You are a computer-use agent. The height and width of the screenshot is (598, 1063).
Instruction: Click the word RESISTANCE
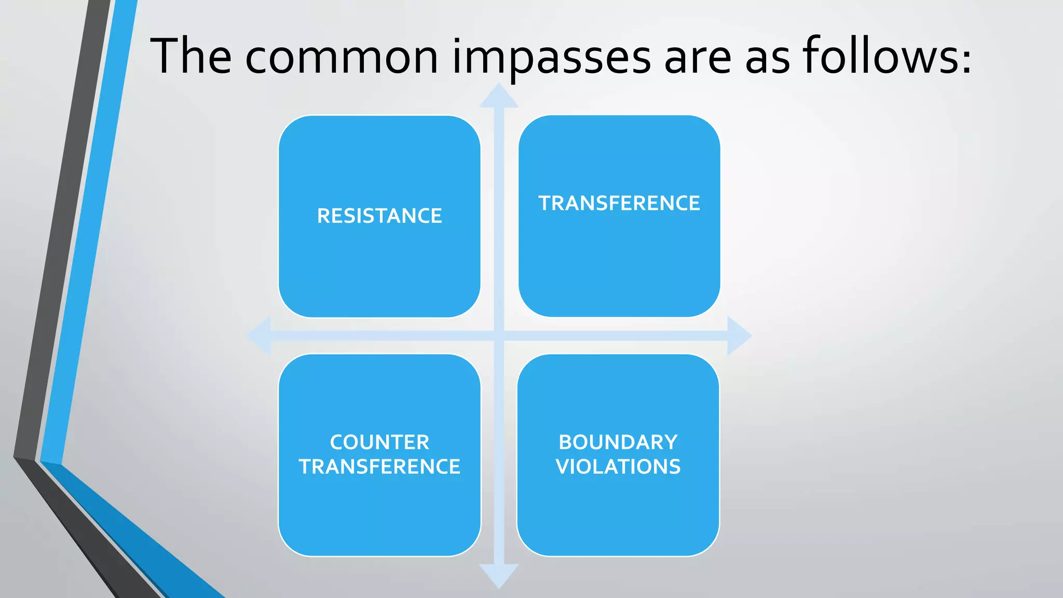(x=379, y=216)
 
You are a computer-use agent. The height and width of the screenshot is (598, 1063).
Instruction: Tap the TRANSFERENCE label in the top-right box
(x=619, y=203)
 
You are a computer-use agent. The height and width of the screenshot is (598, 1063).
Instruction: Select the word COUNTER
(x=379, y=442)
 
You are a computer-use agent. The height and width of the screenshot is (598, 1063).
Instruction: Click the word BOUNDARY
(x=618, y=442)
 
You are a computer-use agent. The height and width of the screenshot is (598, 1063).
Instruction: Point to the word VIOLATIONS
(x=618, y=467)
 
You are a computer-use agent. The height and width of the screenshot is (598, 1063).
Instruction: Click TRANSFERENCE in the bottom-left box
(x=379, y=467)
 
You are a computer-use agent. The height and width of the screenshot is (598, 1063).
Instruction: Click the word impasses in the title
(x=551, y=57)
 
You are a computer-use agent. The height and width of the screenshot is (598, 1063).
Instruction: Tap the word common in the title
(x=342, y=57)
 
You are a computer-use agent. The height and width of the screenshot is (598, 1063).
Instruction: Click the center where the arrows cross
(x=499, y=336)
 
